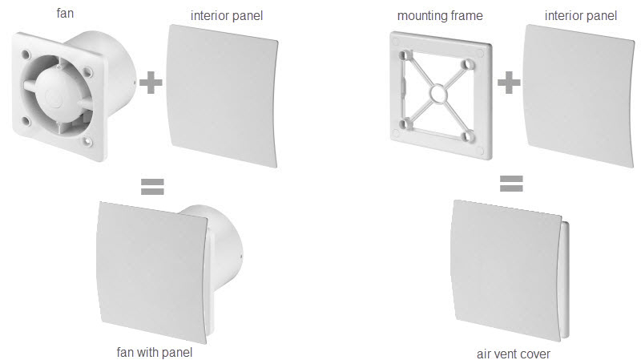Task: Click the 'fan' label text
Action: point(65,13)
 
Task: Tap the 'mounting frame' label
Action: point(440,16)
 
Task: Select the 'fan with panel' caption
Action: point(155,352)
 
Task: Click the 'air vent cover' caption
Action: point(514,354)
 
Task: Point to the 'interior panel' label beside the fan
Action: point(227,16)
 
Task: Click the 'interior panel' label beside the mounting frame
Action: point(580,16)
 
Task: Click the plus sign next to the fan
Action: point(151,83)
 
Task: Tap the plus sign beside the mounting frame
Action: point(509,83)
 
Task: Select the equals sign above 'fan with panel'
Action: point(152,187)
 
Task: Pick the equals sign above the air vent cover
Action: point(511,184)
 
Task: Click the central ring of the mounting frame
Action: point(437,94)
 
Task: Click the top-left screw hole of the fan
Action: point(26,54)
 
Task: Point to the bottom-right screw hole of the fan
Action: point(87,141)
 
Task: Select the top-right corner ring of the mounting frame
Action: point(467,64)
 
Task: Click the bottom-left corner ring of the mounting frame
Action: point(406,123)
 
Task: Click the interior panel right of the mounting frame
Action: point(579,95)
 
